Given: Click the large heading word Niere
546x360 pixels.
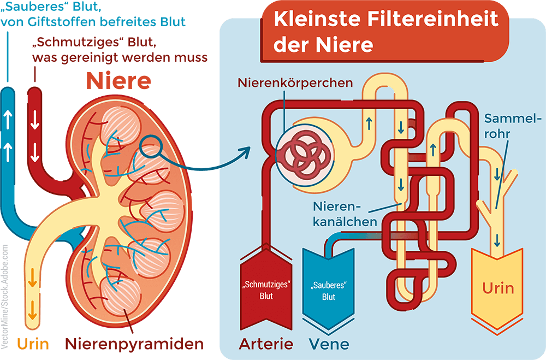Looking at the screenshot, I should (118, 81).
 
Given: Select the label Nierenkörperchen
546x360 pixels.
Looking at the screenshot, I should (295, 84).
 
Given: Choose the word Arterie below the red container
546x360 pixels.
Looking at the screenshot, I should (266, 344).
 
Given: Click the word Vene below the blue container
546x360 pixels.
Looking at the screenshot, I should (329, 344).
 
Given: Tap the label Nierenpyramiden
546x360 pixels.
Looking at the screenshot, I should (134, 344).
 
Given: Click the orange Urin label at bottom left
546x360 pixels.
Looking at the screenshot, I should (33, 344).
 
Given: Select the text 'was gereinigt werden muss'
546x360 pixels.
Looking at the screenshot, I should (120, 57).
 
